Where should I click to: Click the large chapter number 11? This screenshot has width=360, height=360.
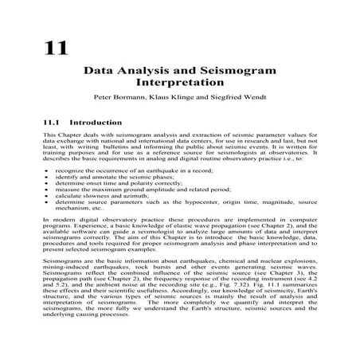(56, 48)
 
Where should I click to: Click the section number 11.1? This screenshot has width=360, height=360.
(52, 123)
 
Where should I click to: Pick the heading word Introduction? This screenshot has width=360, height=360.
(96, 123)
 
